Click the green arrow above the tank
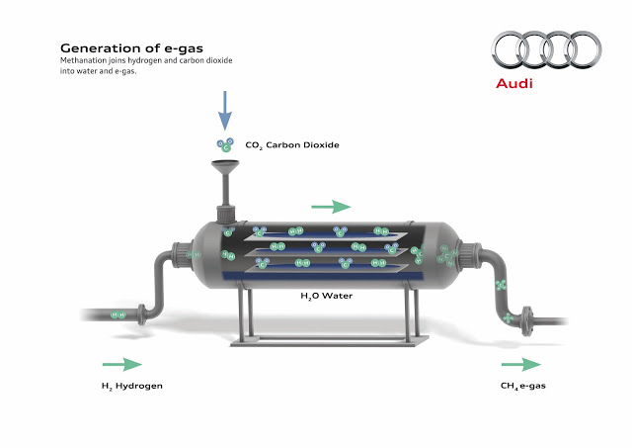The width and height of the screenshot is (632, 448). (x=332, y=207)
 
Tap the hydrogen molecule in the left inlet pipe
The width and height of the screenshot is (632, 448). (x=118, y=314)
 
